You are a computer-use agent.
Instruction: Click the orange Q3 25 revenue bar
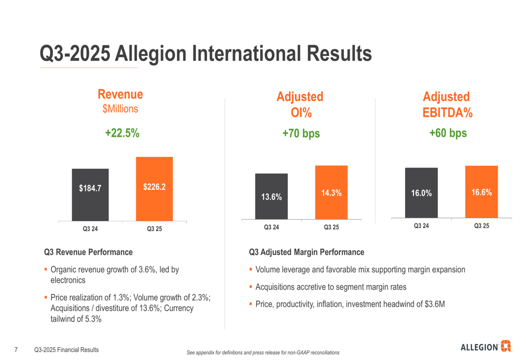tap(154, 189)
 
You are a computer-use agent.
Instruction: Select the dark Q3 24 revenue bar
tap(90, 194)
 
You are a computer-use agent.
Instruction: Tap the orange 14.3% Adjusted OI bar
tap(331, 192)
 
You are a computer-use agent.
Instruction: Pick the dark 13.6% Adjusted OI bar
tap(271, 196)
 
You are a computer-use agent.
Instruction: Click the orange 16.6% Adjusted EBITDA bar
tap(481, 191)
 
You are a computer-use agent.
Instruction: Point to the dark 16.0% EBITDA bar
tap(421, 192)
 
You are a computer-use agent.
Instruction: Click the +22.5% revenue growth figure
tap(122, 133)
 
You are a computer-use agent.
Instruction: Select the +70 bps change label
tap(301, 133)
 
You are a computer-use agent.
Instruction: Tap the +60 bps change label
tap(448, 133)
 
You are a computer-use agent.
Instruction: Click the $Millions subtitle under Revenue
tap(120, 109)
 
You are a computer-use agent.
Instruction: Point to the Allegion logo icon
tap(506, 346)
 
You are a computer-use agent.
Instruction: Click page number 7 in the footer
tap(16, 349)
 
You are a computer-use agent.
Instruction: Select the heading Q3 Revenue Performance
tap(88, 252)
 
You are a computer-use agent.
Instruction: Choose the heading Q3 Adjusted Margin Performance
tap(307, 252)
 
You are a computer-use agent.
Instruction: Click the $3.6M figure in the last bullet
tap(434, 304)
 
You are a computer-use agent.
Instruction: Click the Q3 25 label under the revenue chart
tap(155, 229)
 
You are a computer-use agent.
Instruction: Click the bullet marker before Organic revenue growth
tap(46, 270)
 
